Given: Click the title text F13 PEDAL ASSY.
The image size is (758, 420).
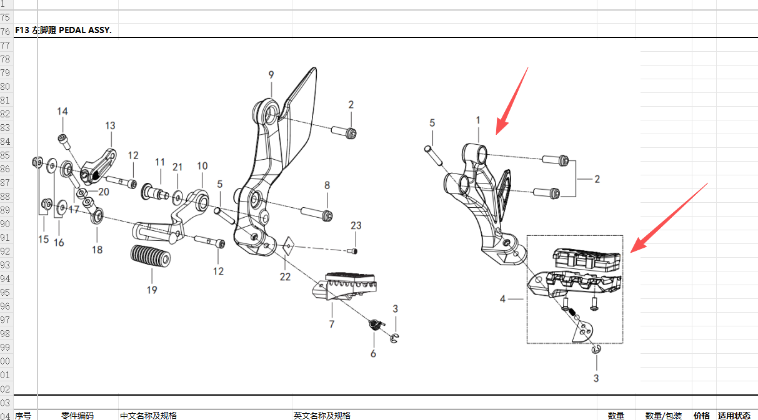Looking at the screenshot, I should pos(63,31).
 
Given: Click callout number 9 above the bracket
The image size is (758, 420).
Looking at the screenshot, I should pos(271,75).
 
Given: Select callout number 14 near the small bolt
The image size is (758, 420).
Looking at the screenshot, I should pos(62,112).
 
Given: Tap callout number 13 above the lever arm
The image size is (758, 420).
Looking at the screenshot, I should pos(110,126).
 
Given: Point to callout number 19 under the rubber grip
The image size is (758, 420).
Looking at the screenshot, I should pos(152,290).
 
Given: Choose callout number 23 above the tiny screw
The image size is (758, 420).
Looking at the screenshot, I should pos(356,226).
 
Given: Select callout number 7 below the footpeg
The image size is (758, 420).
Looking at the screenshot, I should pos(332,324).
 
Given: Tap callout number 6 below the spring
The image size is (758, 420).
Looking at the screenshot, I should pos(373,354).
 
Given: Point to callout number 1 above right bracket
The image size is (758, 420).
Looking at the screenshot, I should pos(478,120).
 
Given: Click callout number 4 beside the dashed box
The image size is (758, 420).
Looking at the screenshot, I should pos(502,300).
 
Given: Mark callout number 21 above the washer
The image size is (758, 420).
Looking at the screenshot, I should pos(177,167).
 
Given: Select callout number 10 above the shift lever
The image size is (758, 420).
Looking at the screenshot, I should pos(202,166).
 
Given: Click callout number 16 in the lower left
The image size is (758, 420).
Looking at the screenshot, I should pos(59,242).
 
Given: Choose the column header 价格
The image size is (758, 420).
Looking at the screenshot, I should pos(702,416).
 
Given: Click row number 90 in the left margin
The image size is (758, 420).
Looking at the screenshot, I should pos(6,224).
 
